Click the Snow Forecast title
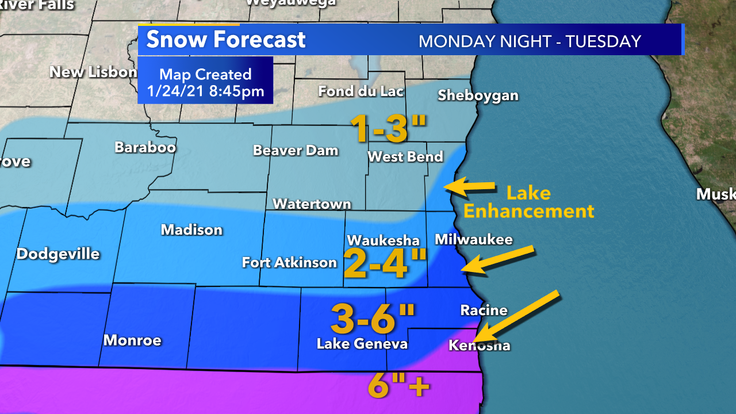[x=225, y=40]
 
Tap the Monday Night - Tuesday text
[x=529, y=41]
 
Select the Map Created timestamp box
[x=205, y=82]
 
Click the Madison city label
[x=191, y=230]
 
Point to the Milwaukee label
[x=473, y=239]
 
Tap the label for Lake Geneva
[x=362, y=344]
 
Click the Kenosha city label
[x=479, y=345]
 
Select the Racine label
[x=484, y=310]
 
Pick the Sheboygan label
[x=478, y=95]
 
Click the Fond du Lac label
[x=361, y=91]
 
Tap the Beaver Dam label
[x=296, y=151]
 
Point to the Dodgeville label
[x=58, y=254]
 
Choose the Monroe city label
[x=132, y=340]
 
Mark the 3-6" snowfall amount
[x=373, y=319]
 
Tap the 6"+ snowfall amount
[x=398, y=386]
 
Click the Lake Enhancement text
[x=528, y=202]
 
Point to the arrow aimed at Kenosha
[x=517, y=316]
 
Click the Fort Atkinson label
[x=289, y=263]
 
